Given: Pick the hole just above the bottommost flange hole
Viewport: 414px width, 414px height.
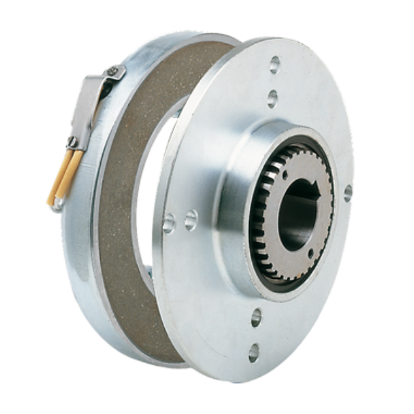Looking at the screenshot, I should point(256,316).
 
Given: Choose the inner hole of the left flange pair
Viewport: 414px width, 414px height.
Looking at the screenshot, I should point(188,219).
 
